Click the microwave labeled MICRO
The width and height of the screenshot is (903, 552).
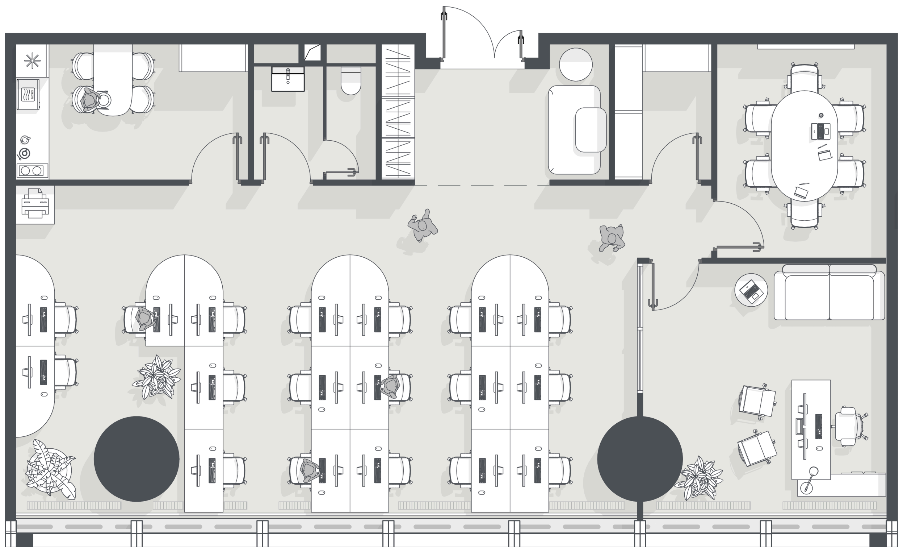tap(28, 94)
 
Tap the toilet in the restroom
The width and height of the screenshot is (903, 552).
tap(351, 80)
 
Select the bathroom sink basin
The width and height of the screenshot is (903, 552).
tap(288, 79)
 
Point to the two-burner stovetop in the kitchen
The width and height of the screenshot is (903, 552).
tap(32, 171)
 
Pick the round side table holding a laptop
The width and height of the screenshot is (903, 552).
tap(751, 290)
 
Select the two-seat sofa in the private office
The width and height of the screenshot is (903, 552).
tap(829, 292)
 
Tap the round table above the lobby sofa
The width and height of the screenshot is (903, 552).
tap(575, 65)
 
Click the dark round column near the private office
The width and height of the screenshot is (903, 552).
tap(640, 459)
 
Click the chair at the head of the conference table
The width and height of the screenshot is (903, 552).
tap(805, 78)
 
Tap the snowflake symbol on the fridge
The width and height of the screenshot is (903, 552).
tap(32, 61)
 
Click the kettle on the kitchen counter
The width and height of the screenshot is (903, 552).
tap(25, 140)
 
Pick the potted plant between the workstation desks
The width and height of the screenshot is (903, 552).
tap(157, 377)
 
